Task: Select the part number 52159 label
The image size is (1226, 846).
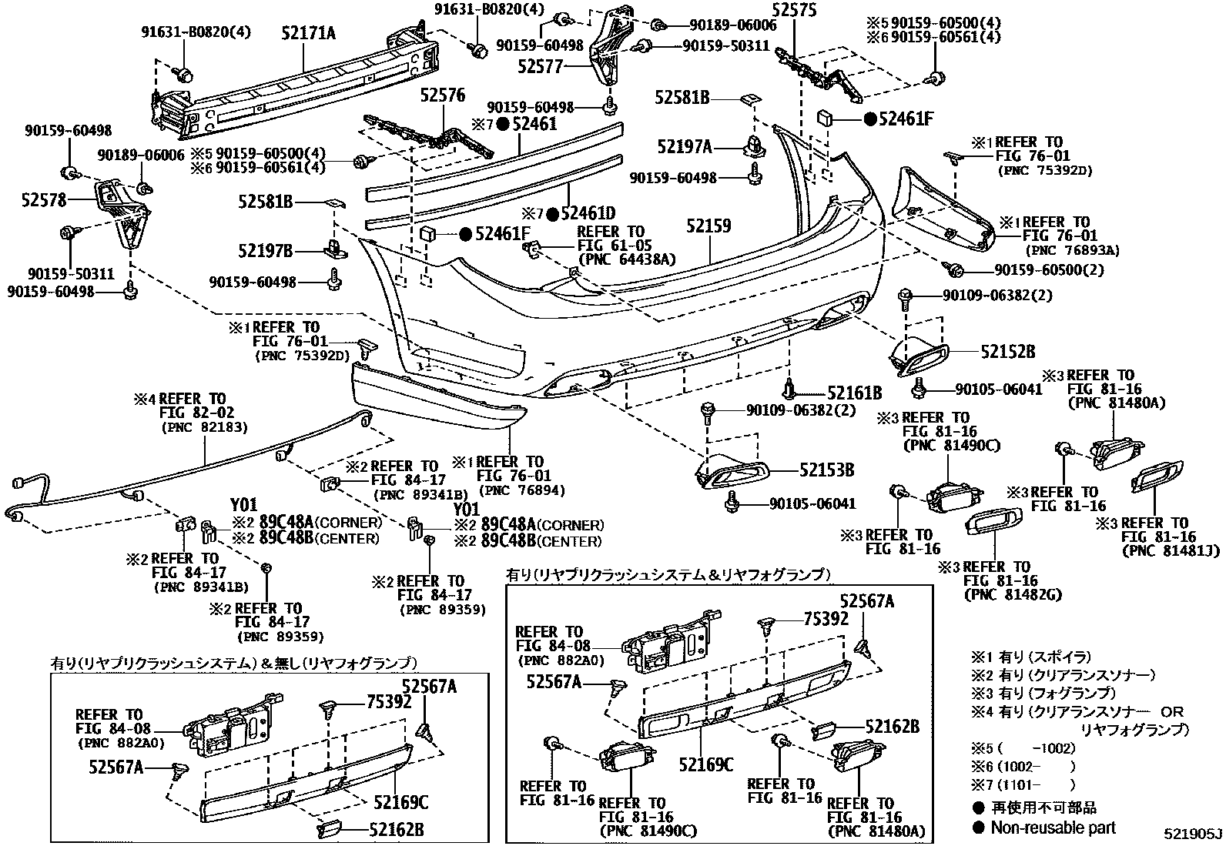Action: tap(708, 226)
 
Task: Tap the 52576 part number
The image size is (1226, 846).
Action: tap(442, 95)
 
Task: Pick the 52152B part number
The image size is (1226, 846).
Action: tap(1007, 352)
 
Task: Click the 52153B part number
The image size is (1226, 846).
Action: tap(826, 470)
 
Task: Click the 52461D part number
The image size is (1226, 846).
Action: tap(588, 213)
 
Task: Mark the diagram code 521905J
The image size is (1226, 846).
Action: tap(1192, 834)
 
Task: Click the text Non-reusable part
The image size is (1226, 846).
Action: tap(1052, 828)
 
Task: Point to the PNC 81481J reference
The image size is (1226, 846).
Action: tap(1155, 550)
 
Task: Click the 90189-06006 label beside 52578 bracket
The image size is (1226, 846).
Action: tap(141, 155)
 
